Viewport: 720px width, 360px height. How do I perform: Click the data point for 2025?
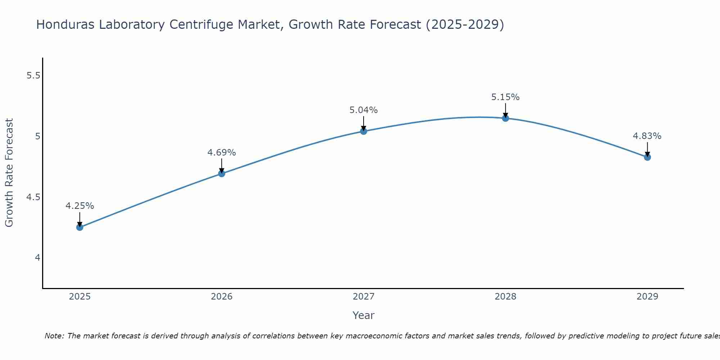80,227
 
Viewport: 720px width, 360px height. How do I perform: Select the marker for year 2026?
221,174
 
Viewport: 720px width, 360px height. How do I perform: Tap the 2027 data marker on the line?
363,131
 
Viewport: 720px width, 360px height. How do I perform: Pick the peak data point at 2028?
505,118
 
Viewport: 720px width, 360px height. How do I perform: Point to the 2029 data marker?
647,157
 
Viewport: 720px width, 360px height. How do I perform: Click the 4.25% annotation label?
80,206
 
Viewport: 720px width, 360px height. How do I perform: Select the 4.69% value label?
221,153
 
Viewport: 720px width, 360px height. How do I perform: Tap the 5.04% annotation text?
363,110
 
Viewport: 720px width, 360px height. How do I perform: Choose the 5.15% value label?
505,97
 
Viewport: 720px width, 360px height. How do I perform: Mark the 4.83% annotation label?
647,136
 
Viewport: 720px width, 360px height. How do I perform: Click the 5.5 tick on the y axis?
34,76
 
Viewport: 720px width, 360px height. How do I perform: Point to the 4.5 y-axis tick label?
34,197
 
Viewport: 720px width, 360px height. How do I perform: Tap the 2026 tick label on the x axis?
221,297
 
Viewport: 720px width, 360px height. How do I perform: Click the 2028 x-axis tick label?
505,297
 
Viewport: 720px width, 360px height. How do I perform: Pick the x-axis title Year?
363,315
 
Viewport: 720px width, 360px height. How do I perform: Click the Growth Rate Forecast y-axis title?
9,173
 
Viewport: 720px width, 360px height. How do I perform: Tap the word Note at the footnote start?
54,336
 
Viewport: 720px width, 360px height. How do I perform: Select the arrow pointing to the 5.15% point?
505,110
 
